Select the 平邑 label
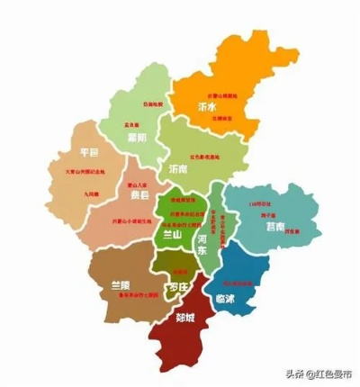88,151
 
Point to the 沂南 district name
179,168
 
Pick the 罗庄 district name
177,288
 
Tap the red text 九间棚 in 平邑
94,193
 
